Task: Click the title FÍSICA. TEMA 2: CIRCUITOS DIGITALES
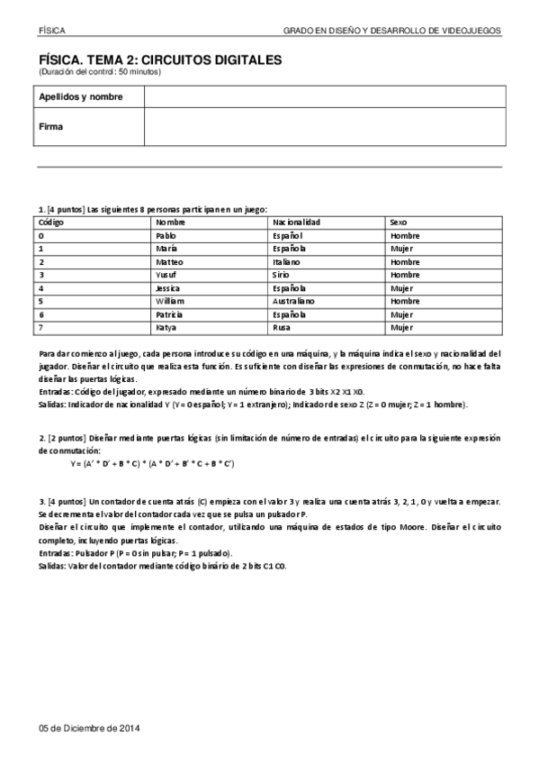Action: [160, 59]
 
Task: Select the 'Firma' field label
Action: [51, 127]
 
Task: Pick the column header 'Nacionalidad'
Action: [297, 222]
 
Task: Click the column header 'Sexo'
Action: [400, 222]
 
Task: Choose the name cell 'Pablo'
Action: [166, 235]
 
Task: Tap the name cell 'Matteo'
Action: [169, 261]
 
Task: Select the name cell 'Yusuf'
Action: [166, 275]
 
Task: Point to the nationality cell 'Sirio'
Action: [282, 275]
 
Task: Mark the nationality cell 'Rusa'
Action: [282, 327]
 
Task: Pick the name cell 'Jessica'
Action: [169, 287]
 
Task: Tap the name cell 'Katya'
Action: [166, 327]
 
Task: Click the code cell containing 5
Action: [42, 301]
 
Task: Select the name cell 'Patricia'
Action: [169, 314]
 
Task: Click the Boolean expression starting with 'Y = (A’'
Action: [152, 463]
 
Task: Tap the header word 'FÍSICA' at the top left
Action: [52, 30]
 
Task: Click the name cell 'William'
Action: [170, 301]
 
